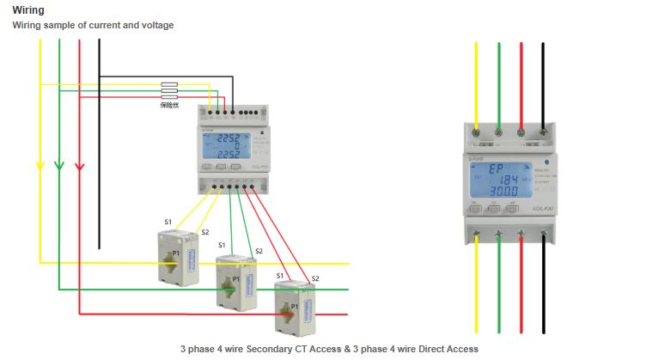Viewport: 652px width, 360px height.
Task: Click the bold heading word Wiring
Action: tap(28, 10)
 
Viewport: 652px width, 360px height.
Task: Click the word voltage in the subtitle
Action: tap(156, 26)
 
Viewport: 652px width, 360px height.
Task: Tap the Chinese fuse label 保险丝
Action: tap(169, 105)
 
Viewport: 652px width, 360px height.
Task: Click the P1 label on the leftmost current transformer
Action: tap(175, 254)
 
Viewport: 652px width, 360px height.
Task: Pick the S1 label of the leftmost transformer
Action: tap(168, 222)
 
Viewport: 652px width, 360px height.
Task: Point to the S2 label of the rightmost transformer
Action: tap(315, 278)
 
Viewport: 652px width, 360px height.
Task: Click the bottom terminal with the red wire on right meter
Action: tap(521, 233)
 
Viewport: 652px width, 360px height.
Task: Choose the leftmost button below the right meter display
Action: tap(475, 209)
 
